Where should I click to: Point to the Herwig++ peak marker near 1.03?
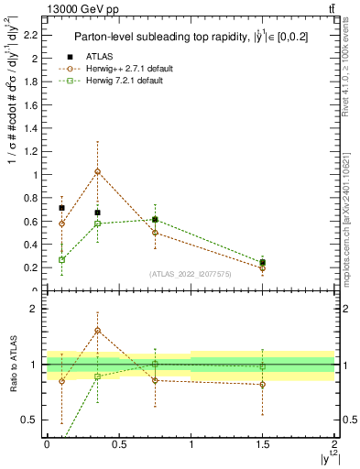(x=97, y=171)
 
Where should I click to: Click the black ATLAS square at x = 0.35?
(x=97, y=213)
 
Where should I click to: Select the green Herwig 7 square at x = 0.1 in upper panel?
(x=61, y=259)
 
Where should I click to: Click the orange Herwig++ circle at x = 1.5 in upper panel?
(x=263, y=268)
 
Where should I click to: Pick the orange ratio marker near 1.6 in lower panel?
(x=97, y=331)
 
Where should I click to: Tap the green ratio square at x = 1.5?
(x=263, y=366)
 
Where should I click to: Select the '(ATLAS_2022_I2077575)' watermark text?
(x=191, y=274)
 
